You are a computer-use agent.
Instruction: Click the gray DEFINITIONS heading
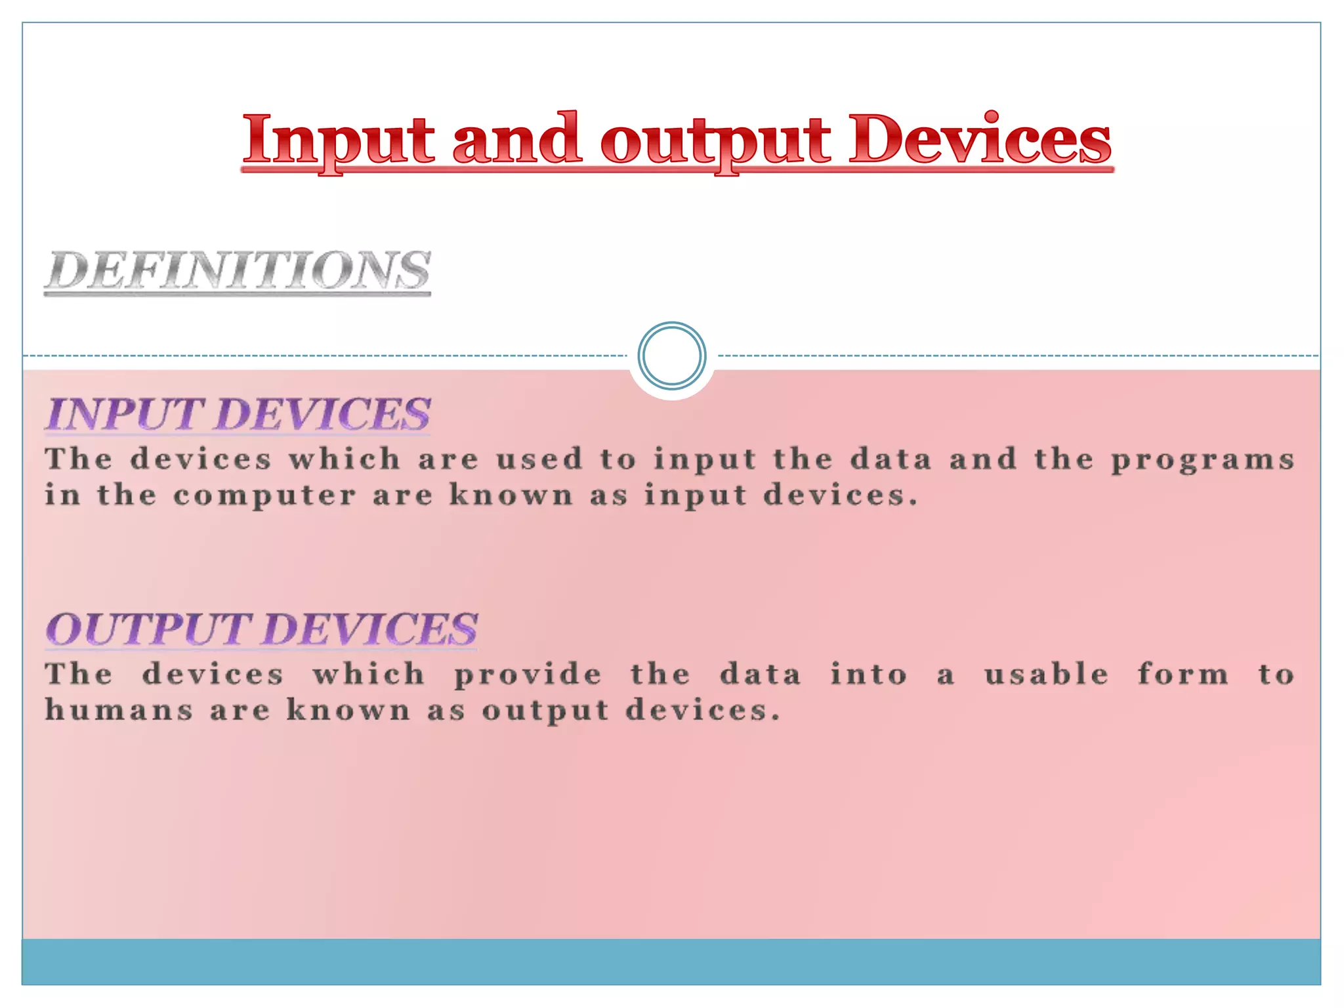[x=238, y=270]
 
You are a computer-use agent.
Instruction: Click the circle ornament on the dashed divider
[x=672, y=356]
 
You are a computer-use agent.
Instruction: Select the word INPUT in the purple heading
[x=124, y=415]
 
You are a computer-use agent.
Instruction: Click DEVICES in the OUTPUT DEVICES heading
[x=371, y=629]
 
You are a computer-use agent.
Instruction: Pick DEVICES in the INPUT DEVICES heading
[x=323, y=415]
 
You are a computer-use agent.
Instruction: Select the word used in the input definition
[x=539, y=459]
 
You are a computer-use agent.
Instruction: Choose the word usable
[x=1047, y=674]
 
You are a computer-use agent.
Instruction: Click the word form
[x=1183, y=674]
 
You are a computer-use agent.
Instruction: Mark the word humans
[x=119, y=710]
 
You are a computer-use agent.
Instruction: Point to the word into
[x=869, y=674]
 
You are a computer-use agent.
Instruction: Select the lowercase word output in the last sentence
[x=545, y=711]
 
